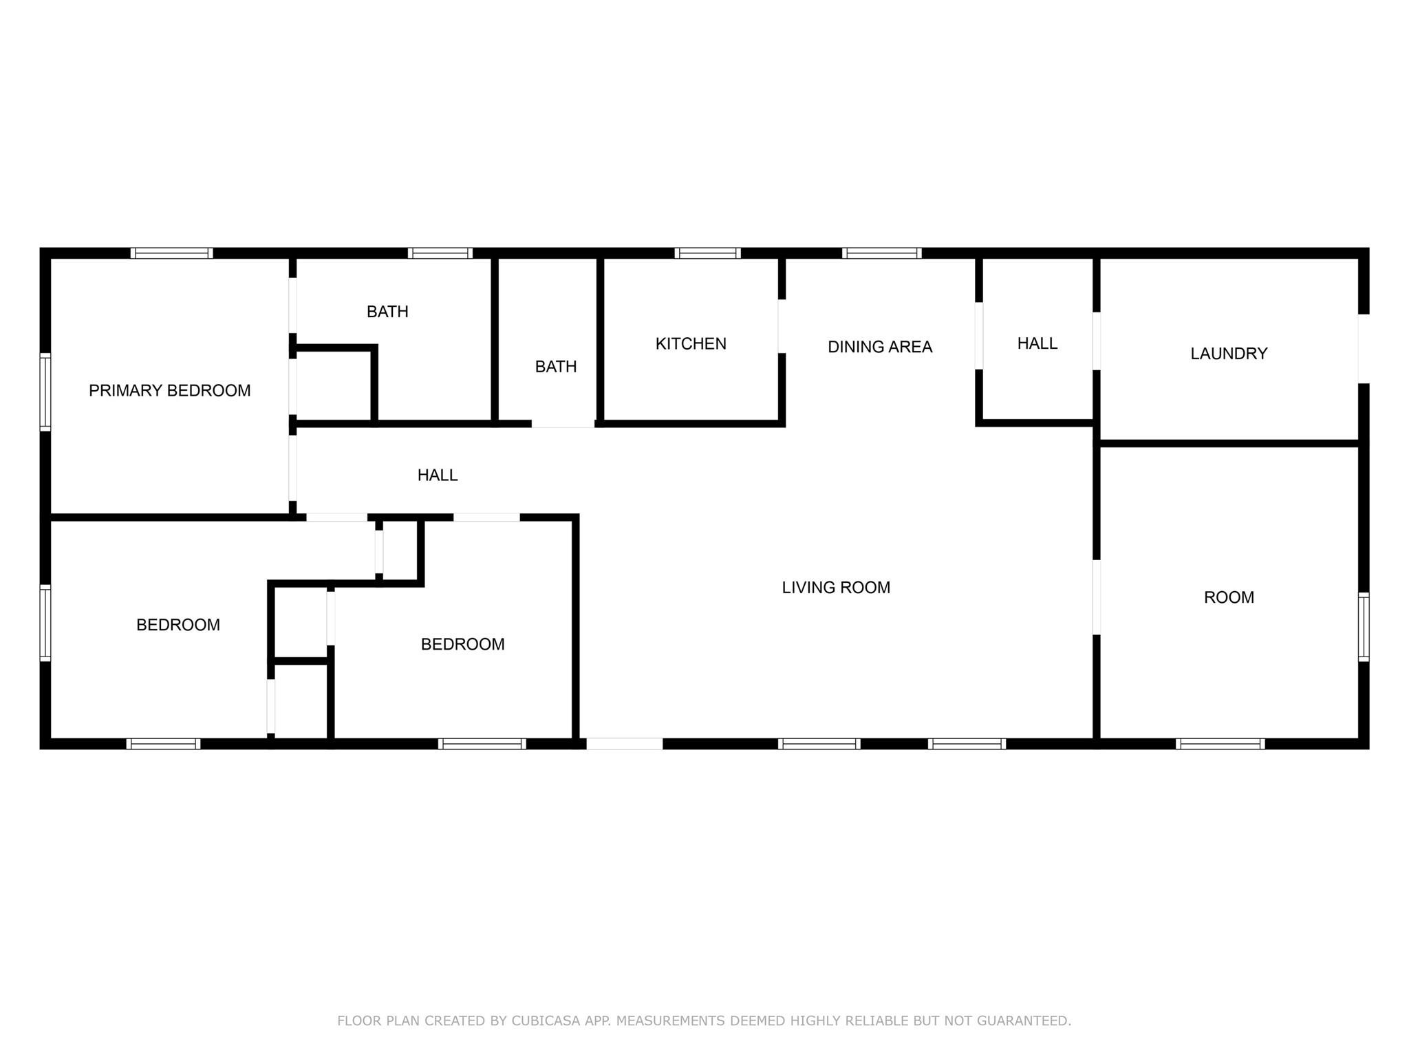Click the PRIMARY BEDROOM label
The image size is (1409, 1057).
pyautogui.click(x=169, y=391)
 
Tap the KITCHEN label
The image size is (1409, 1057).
pyautogui.click(x=691, y=344)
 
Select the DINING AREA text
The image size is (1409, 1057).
pyautogui.click(x=880, y=347)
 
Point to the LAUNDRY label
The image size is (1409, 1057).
pyautogui.click(x=1229, y=354)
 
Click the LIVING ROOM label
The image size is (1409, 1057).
pyautogui.click(x=836, y=588)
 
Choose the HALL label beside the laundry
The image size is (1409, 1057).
pyautogui.click(x=1037, y=343)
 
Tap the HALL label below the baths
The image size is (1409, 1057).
pyautogui.click(x=438, y=475)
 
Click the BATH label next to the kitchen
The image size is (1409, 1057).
pyautogui.click(x=556, y=367)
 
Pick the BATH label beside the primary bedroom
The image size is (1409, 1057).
pyautogui.click(x=387, y=312)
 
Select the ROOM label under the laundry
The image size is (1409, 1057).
pyautogui.click(x=1229, y=597)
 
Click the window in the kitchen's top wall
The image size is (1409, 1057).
pyautogui.click(x=707, y=253)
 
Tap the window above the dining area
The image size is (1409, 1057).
pyautogui.click(x=881, y=253)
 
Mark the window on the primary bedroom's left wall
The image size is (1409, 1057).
pyautogui.click(x=45, y=392)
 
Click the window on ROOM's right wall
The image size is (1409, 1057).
pyautogui.click(x=1364, y=627)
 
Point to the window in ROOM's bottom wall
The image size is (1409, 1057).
pyautogui.click(x=1220, y=744)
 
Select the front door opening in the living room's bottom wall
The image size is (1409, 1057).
pyautogui.click(x=624, y=744)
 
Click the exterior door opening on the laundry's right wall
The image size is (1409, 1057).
pyautogui.click(x=1364, y=348)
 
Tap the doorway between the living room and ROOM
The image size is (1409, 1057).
pyautogui.click(x=1097, y=597)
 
